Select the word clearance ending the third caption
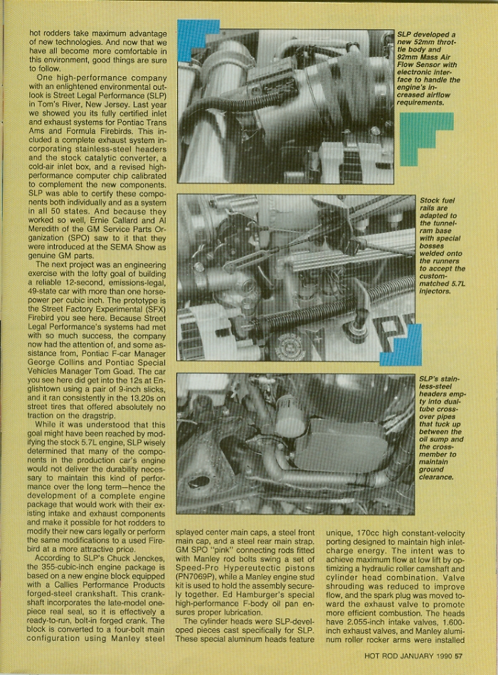(x=441, y=489)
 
